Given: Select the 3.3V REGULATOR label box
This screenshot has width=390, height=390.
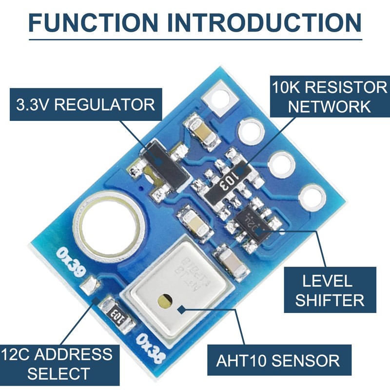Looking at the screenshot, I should tap(85, 104).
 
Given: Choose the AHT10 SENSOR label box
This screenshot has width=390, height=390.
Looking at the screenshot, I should tap(278, 360).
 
